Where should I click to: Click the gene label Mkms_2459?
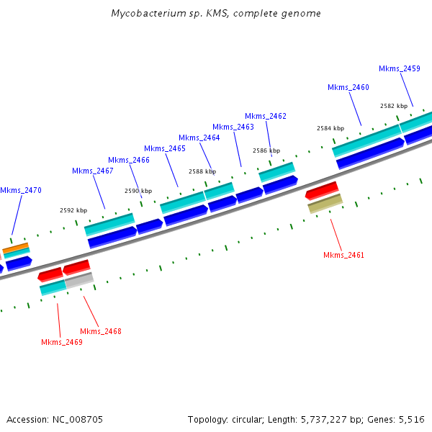[x=400, y=68]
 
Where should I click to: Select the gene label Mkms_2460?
[x=348, y=87]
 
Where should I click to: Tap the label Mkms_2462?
[x=266, y=116]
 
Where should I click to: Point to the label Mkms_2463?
[x=233, y=127]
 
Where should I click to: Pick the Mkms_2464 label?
[x=199, y=138]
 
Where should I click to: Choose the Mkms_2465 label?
[x=165, y=148]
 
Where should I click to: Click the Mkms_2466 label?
[x=129, y=160]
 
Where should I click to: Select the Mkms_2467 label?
[x=93, y=171]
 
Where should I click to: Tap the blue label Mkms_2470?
[x=21, y=190]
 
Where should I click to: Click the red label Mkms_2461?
[x=343, y=255]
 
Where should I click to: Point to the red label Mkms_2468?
[x=100, y=331]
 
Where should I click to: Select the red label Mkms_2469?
[x=61, y=342]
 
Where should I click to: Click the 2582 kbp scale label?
[x=394, y=106]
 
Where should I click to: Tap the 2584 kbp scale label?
[x=330, y=128]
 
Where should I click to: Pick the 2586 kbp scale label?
[x=266, y=150]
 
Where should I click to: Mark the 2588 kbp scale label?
[x=202, y=171]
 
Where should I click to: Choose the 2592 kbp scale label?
[x=73, y=210]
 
